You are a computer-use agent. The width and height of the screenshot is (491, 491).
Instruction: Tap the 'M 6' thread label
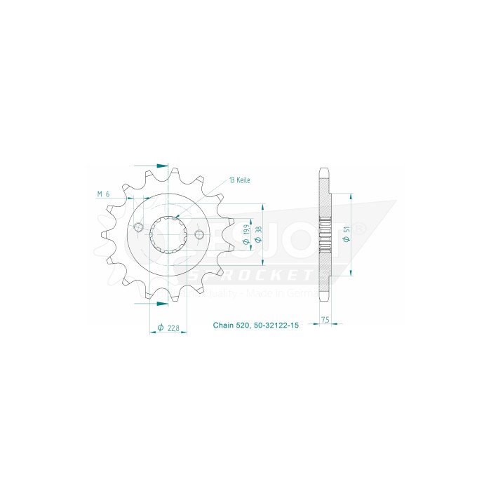[103, 194]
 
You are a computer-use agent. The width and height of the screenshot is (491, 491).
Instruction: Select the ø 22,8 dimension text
[167, 327]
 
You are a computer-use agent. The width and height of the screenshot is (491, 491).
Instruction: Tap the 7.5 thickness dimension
[325, 319]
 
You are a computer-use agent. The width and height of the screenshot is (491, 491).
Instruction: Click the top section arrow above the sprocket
[161, 166]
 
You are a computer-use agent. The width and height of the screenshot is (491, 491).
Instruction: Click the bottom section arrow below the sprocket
[161, 304]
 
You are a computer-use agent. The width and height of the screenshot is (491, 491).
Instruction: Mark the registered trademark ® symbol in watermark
[359, 229]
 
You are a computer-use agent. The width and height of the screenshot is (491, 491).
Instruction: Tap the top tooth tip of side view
[323, 170]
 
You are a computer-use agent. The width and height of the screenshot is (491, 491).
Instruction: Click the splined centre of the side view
[323, 237]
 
